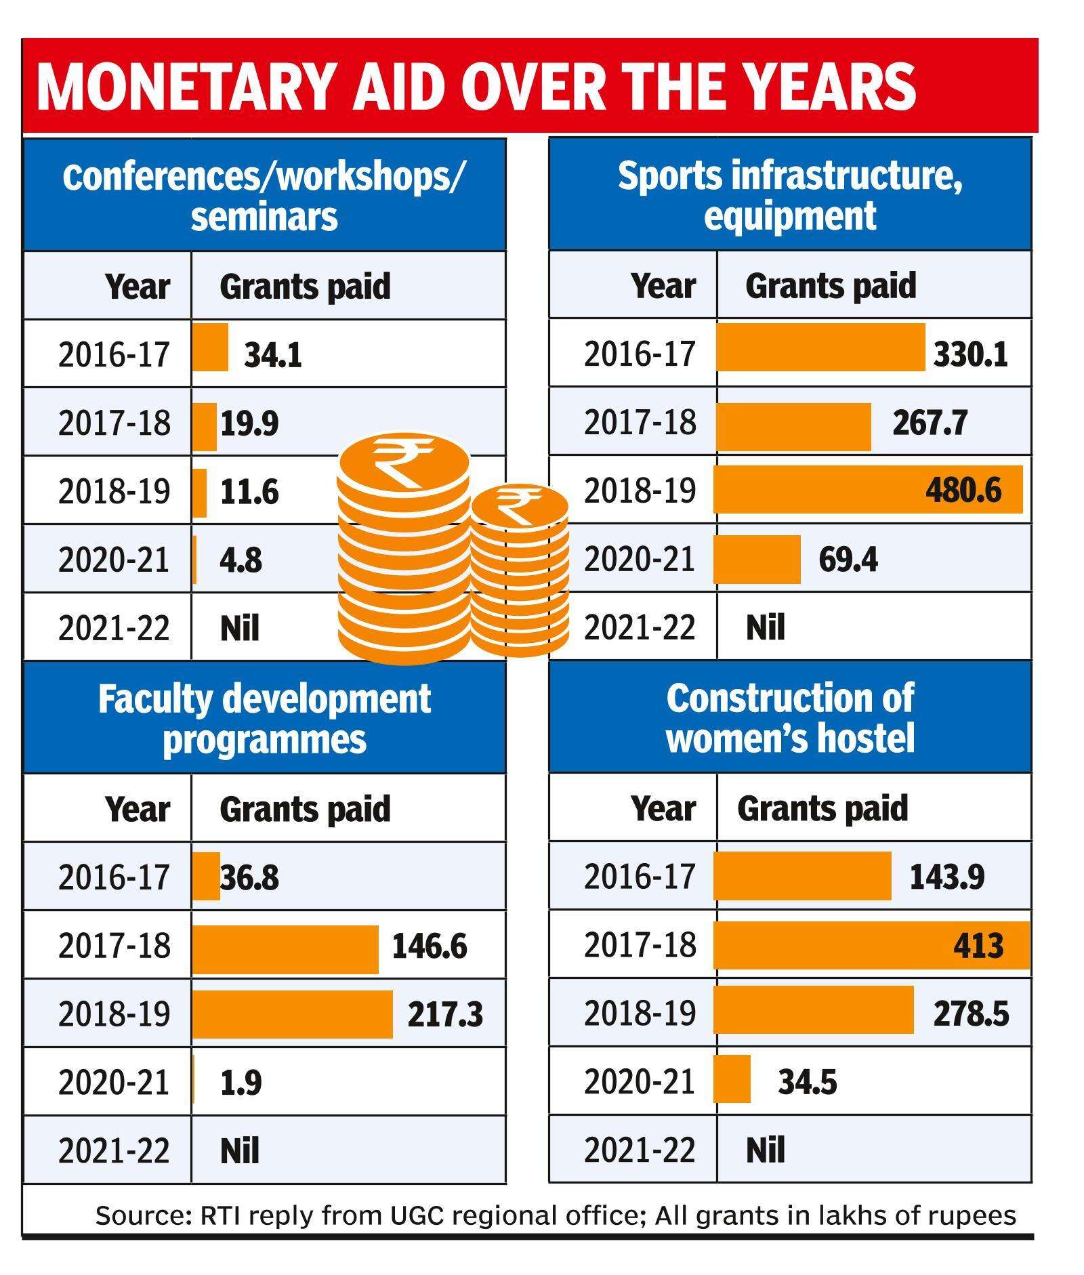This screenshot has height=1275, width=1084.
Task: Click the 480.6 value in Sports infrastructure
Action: (963, 490)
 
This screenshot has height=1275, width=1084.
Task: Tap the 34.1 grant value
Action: (273, 354)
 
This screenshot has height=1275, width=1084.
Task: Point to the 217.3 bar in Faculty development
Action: (292, 1013)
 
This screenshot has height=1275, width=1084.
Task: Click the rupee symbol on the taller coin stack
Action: (404, 461)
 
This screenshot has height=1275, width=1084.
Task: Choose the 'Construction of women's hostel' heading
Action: (790, 718)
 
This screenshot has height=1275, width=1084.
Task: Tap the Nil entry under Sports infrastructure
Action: (765, 627)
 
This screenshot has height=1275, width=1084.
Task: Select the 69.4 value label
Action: (848, 560)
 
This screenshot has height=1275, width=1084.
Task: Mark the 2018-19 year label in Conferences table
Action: (114, 491)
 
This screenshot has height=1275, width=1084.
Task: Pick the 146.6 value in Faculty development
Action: (430, 946)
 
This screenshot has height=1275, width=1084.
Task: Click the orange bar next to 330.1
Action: (820, 348)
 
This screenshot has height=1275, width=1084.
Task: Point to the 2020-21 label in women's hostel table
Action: (640, 1082)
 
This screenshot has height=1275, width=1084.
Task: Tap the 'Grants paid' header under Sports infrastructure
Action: (830, 285)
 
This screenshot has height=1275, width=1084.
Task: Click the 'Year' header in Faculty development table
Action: (137, 808)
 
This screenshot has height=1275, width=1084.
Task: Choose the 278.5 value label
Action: (970, 1014)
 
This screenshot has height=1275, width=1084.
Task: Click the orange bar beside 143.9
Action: (802, 876)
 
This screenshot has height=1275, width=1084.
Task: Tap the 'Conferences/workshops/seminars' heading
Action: (264, 196)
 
